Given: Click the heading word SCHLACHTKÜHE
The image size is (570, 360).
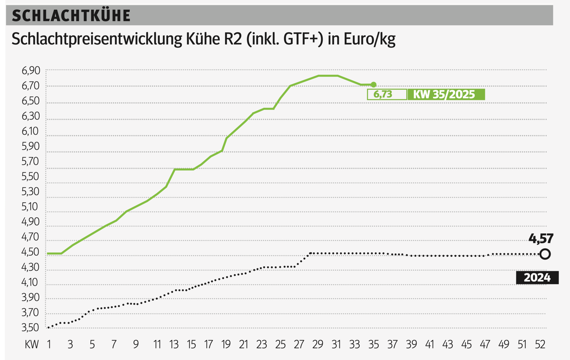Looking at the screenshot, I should coord(71,16).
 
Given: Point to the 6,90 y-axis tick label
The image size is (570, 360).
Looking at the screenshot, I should coord(31,70).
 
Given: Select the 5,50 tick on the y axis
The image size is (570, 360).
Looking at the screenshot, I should coord(31,176).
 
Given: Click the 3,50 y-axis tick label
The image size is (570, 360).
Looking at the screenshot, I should coord(31,327).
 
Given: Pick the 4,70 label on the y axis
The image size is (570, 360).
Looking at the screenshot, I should coord(31,237).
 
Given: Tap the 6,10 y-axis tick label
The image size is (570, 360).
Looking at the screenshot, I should coord(31,131).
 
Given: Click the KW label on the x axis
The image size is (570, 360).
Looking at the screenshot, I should coord(32,344).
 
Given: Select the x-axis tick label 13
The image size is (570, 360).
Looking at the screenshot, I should coord(174,344).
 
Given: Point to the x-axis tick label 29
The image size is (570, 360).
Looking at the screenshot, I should coord(318,344).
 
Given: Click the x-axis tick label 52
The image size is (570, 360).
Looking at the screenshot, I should coord(540,344).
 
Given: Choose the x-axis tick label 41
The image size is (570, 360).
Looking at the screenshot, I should coord(429,344).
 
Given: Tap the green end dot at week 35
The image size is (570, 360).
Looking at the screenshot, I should coord(374,85).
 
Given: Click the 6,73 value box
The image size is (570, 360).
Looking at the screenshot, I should coord(387,94).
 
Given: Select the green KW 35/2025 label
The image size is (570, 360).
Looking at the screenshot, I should coord(446,94).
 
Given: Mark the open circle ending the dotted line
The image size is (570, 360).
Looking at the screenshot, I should coord(545,254).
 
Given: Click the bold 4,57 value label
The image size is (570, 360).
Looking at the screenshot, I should coord(541,238).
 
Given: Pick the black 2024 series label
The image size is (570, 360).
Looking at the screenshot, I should coord(537,278).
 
